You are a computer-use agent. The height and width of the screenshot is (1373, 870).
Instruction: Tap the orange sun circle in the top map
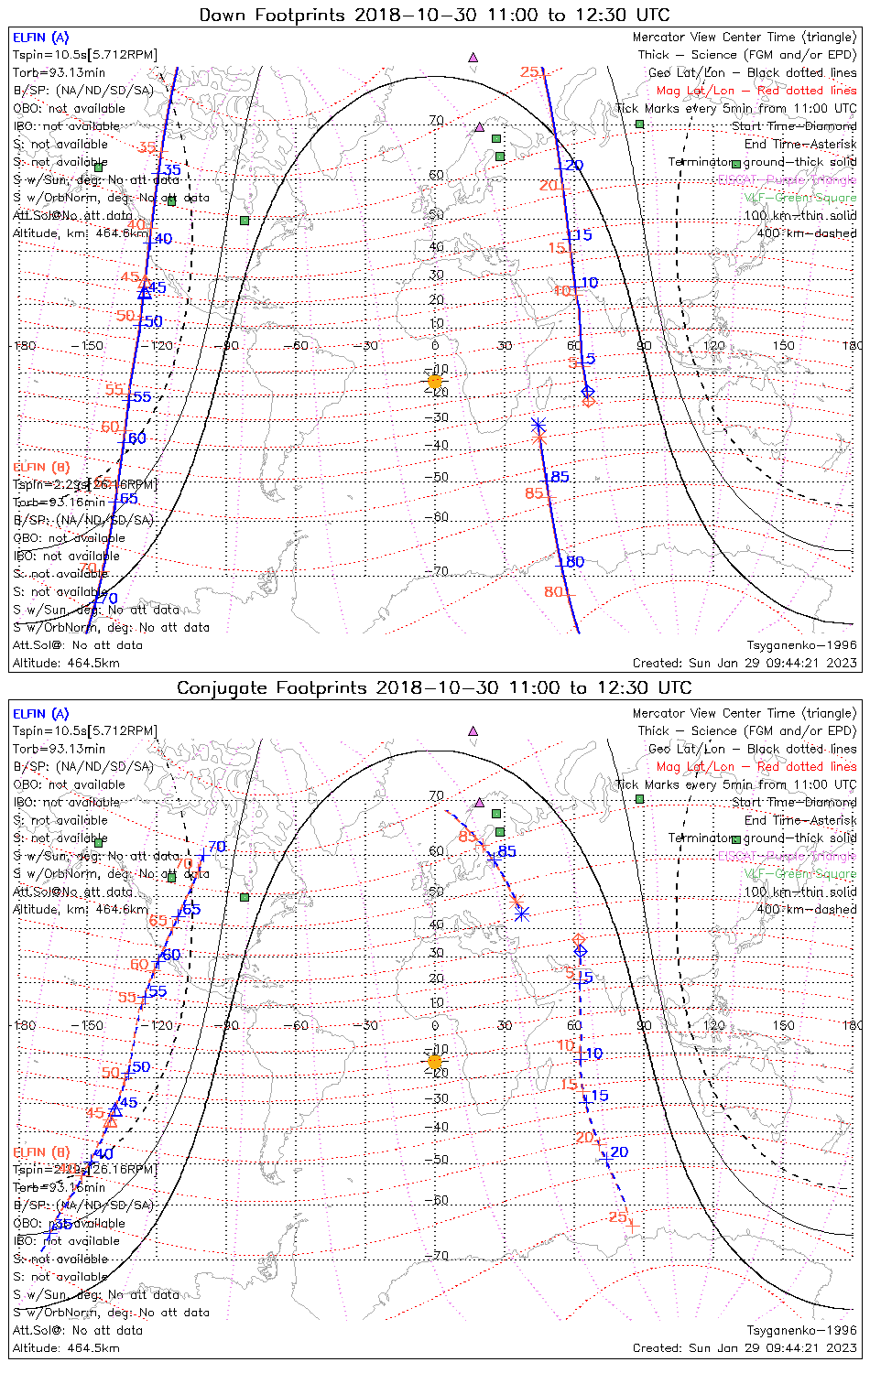[435, 381]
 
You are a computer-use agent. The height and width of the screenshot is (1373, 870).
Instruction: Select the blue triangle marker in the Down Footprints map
[144, 293]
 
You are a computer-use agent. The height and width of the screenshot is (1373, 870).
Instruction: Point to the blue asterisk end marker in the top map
[538, 425]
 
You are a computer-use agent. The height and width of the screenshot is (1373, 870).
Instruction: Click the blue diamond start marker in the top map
[588, 392]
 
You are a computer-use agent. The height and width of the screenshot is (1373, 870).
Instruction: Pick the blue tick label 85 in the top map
[560, 477]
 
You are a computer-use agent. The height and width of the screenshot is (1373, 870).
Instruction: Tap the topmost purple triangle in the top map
[473, 57]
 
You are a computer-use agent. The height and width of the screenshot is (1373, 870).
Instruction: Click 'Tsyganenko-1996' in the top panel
[801, 645]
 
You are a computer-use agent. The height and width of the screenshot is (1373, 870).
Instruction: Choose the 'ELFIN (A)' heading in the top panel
[40, 38]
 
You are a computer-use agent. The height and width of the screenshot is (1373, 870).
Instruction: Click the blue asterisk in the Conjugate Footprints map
[521, 914]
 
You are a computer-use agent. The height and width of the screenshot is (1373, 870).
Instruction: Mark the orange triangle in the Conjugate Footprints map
[112, 1119]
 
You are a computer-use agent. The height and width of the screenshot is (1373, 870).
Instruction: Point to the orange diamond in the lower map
[579, 939]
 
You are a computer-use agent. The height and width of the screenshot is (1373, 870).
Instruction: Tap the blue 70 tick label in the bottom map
[216, 847]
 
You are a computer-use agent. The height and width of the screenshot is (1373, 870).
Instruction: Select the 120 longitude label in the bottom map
[713, 1025]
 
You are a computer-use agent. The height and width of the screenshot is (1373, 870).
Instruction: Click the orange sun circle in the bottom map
[435, 1062]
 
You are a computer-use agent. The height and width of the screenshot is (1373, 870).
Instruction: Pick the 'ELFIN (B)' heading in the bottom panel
[40, 1151]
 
